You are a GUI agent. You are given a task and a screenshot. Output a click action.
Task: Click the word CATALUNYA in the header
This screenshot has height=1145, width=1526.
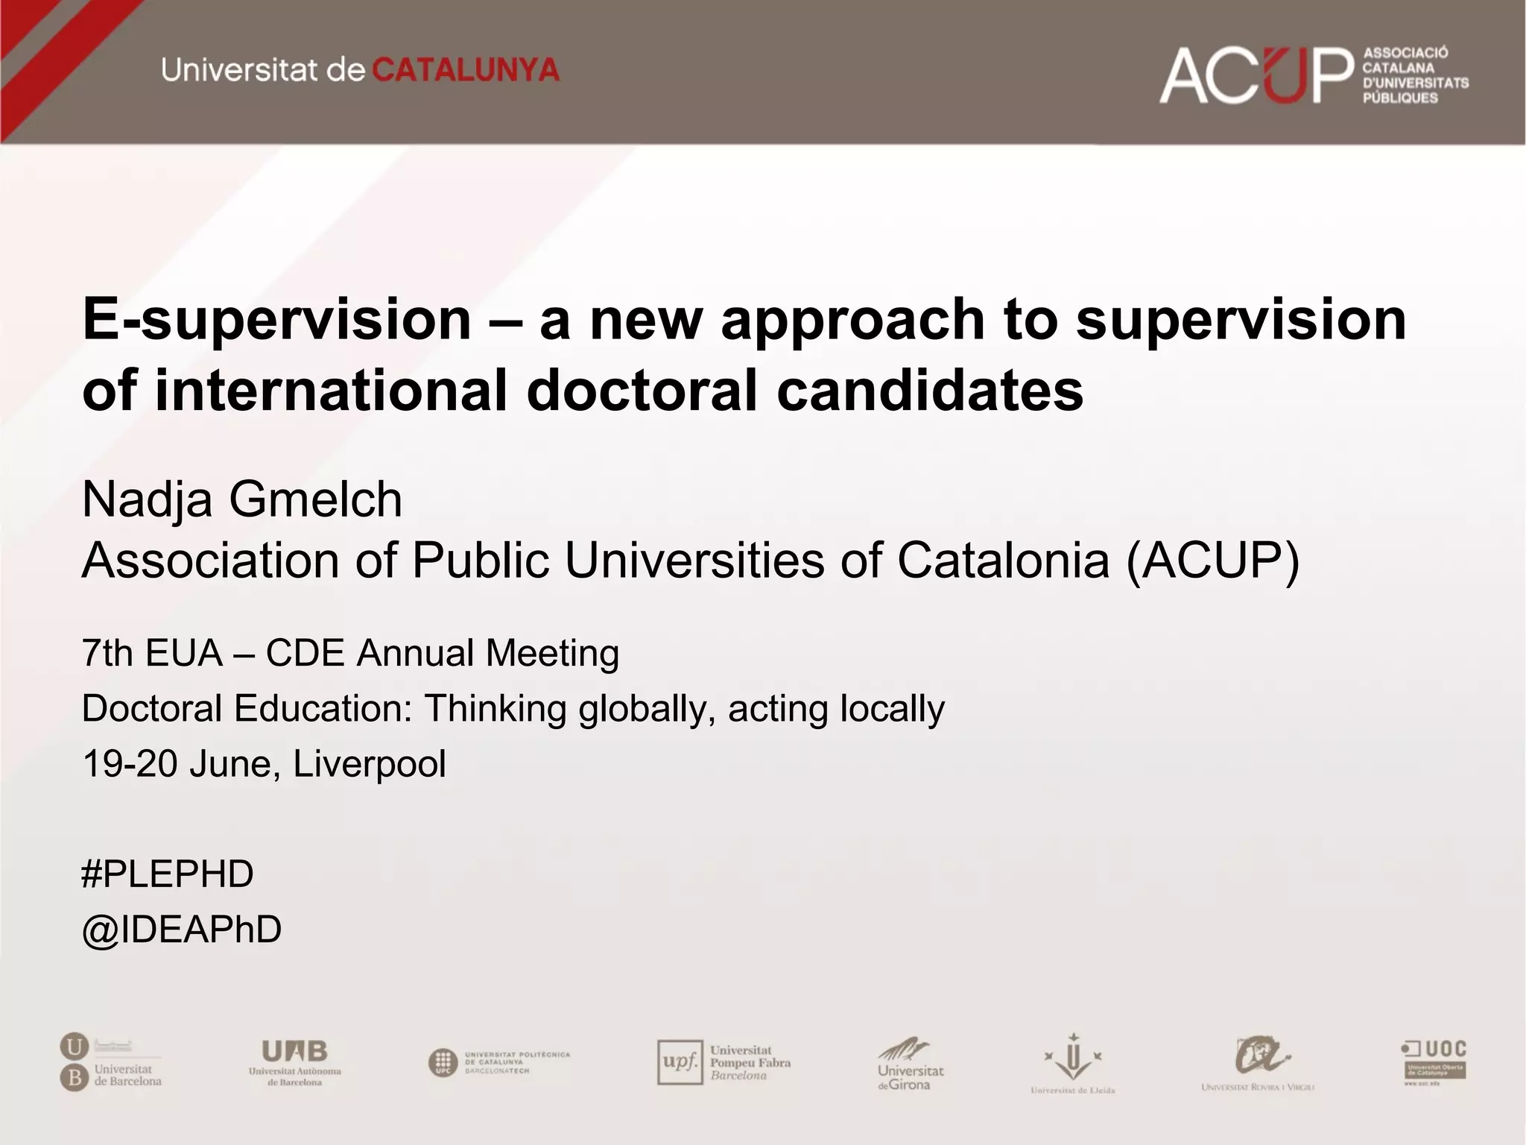point(465,71)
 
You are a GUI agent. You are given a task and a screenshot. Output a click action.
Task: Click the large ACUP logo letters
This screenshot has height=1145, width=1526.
point(1255,75)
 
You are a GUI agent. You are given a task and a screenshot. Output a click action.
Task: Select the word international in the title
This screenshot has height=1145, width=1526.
point(331,391)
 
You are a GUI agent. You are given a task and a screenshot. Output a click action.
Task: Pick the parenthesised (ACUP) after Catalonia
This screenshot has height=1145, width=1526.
point(1212,560)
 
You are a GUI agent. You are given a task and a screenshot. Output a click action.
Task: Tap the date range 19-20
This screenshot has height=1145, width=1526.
point(129,764)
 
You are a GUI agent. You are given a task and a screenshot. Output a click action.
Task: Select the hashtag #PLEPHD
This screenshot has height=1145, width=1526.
point(168,874)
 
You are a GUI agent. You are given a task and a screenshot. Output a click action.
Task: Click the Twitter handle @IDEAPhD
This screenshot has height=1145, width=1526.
point(182,930)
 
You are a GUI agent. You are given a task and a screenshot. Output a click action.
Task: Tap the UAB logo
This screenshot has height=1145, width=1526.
point(294,1062)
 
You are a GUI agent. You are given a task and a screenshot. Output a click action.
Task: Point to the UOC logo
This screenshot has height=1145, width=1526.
point(1434,1062)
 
